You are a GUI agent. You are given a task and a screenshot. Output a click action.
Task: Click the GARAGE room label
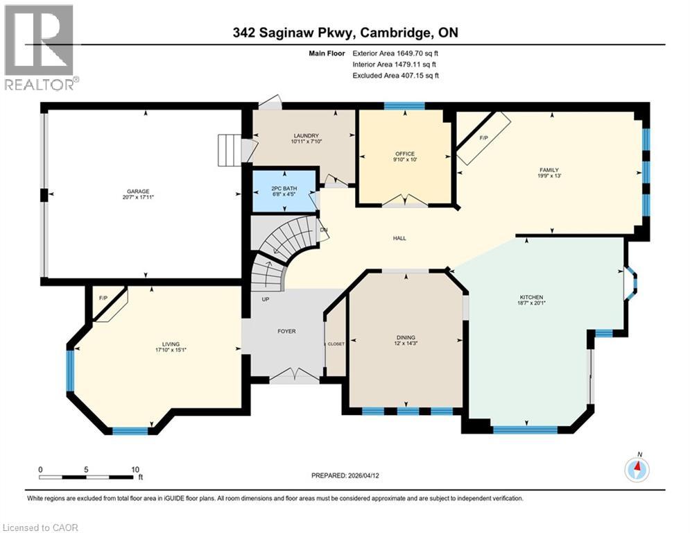coord(137,192)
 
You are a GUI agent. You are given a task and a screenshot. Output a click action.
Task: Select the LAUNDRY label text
coord(305,135)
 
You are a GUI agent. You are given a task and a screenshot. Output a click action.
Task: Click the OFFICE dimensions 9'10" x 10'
coord(405,159)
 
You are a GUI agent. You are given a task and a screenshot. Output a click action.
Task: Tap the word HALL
coord(399,238)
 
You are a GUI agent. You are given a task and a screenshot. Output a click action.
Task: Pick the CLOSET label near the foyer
coord(336,344)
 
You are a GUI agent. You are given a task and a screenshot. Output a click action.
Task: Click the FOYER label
coord(286,331)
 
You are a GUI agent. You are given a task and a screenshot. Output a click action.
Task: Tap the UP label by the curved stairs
coord(264,300)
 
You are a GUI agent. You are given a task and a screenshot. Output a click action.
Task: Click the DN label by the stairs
coord(323,230)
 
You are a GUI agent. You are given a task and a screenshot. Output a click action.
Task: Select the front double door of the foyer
coord(295,376)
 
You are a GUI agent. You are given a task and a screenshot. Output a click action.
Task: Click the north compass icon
coord(637,470)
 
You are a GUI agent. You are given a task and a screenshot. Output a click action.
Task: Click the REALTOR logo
coord(40,47)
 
